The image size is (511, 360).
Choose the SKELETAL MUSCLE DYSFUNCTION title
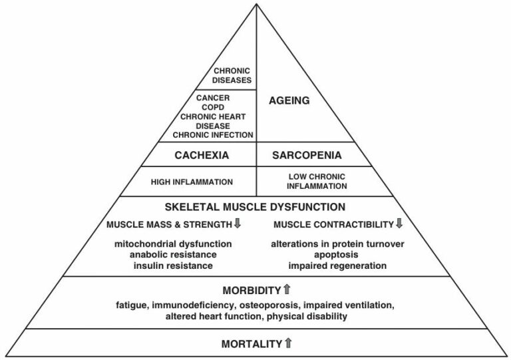pyautogui.click(x=255, y=206)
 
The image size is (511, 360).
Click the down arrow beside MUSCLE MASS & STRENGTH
pyautogui.click(x=237, y=223)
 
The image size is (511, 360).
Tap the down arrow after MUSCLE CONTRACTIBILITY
pyautogui.click(x=399, y=223)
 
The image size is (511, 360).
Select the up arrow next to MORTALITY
pyautogui.click(x=288, y=343)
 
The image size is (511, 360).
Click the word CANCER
pyautogui.click(x=213, y=97)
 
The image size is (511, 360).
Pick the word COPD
pyautogui.click(x=213, y=106)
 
